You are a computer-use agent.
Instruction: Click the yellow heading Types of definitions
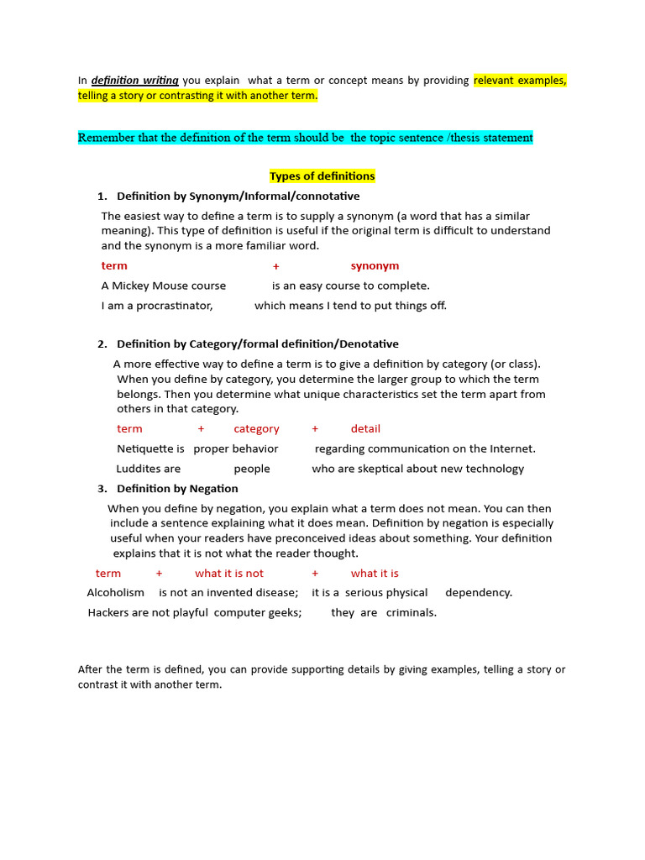click(322, 176)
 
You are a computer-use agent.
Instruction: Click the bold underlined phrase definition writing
click(135, 81)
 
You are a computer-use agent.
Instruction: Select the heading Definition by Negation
click(177, 489)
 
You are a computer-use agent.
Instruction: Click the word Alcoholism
click(115, 593)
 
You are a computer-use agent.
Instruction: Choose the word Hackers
click(107, 613)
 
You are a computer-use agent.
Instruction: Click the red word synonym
click(375, 266)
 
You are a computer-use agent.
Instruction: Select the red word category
click(256, 429)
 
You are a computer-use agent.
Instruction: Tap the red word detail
click(365, 429)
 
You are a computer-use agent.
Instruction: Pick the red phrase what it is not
click(229, 574)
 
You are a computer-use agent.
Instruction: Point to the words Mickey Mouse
click(144, 286)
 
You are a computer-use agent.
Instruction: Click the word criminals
click(410, 613)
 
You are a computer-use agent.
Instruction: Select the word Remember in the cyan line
click(106, 138)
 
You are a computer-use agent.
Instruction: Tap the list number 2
click(102, 344)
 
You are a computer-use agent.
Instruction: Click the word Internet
click(508, 449)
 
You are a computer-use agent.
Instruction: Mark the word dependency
click(477, 593)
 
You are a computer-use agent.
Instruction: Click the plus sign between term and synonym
click(275, 266)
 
